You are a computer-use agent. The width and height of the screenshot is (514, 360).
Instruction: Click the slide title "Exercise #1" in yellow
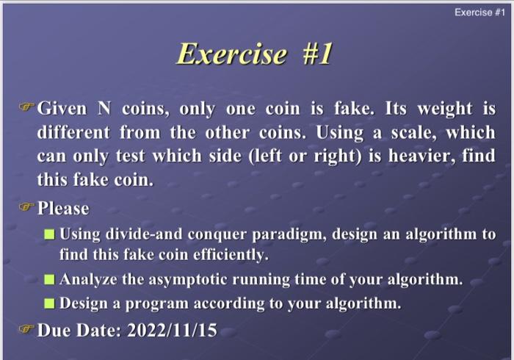coord(255,54)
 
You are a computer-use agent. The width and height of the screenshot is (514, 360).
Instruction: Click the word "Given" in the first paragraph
coord(62,109)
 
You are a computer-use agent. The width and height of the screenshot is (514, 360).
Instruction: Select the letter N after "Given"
coord(104,109)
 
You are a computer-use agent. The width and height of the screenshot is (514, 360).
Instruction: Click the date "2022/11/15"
coord(173,330)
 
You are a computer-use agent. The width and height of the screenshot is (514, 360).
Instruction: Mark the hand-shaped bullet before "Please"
coord(27,208)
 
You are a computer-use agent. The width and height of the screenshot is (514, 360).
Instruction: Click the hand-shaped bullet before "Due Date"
coord(27,330)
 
